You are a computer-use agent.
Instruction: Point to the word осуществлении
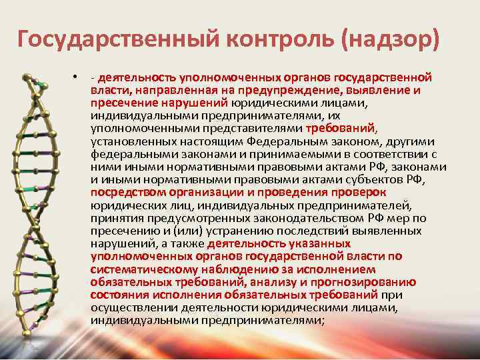131,308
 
